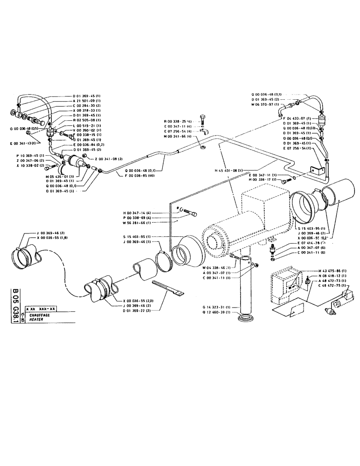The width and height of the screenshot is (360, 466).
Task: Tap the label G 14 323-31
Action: (x=216, y=307)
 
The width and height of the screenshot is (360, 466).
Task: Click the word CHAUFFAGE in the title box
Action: (x=40, y=315)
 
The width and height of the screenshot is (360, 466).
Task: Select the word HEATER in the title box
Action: (x=36, y=319)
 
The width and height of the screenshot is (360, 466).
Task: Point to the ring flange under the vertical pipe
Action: (x=245, y=319)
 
